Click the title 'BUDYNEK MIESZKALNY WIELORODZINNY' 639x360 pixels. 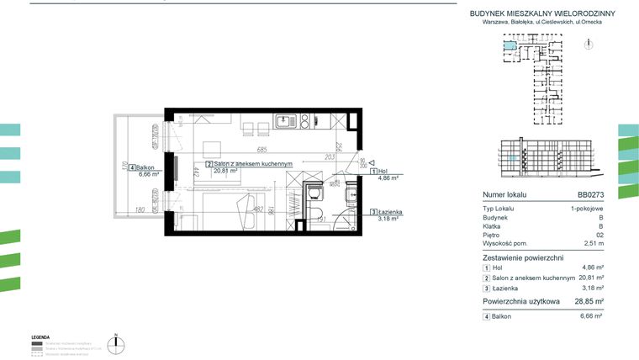[x=542, y=13]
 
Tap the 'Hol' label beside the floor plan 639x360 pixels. [x=384, y=171]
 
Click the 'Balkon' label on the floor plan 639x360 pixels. [x=129, y=167]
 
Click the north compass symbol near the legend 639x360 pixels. [x=120, y=342]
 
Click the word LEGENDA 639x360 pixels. [x=41, y=336]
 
